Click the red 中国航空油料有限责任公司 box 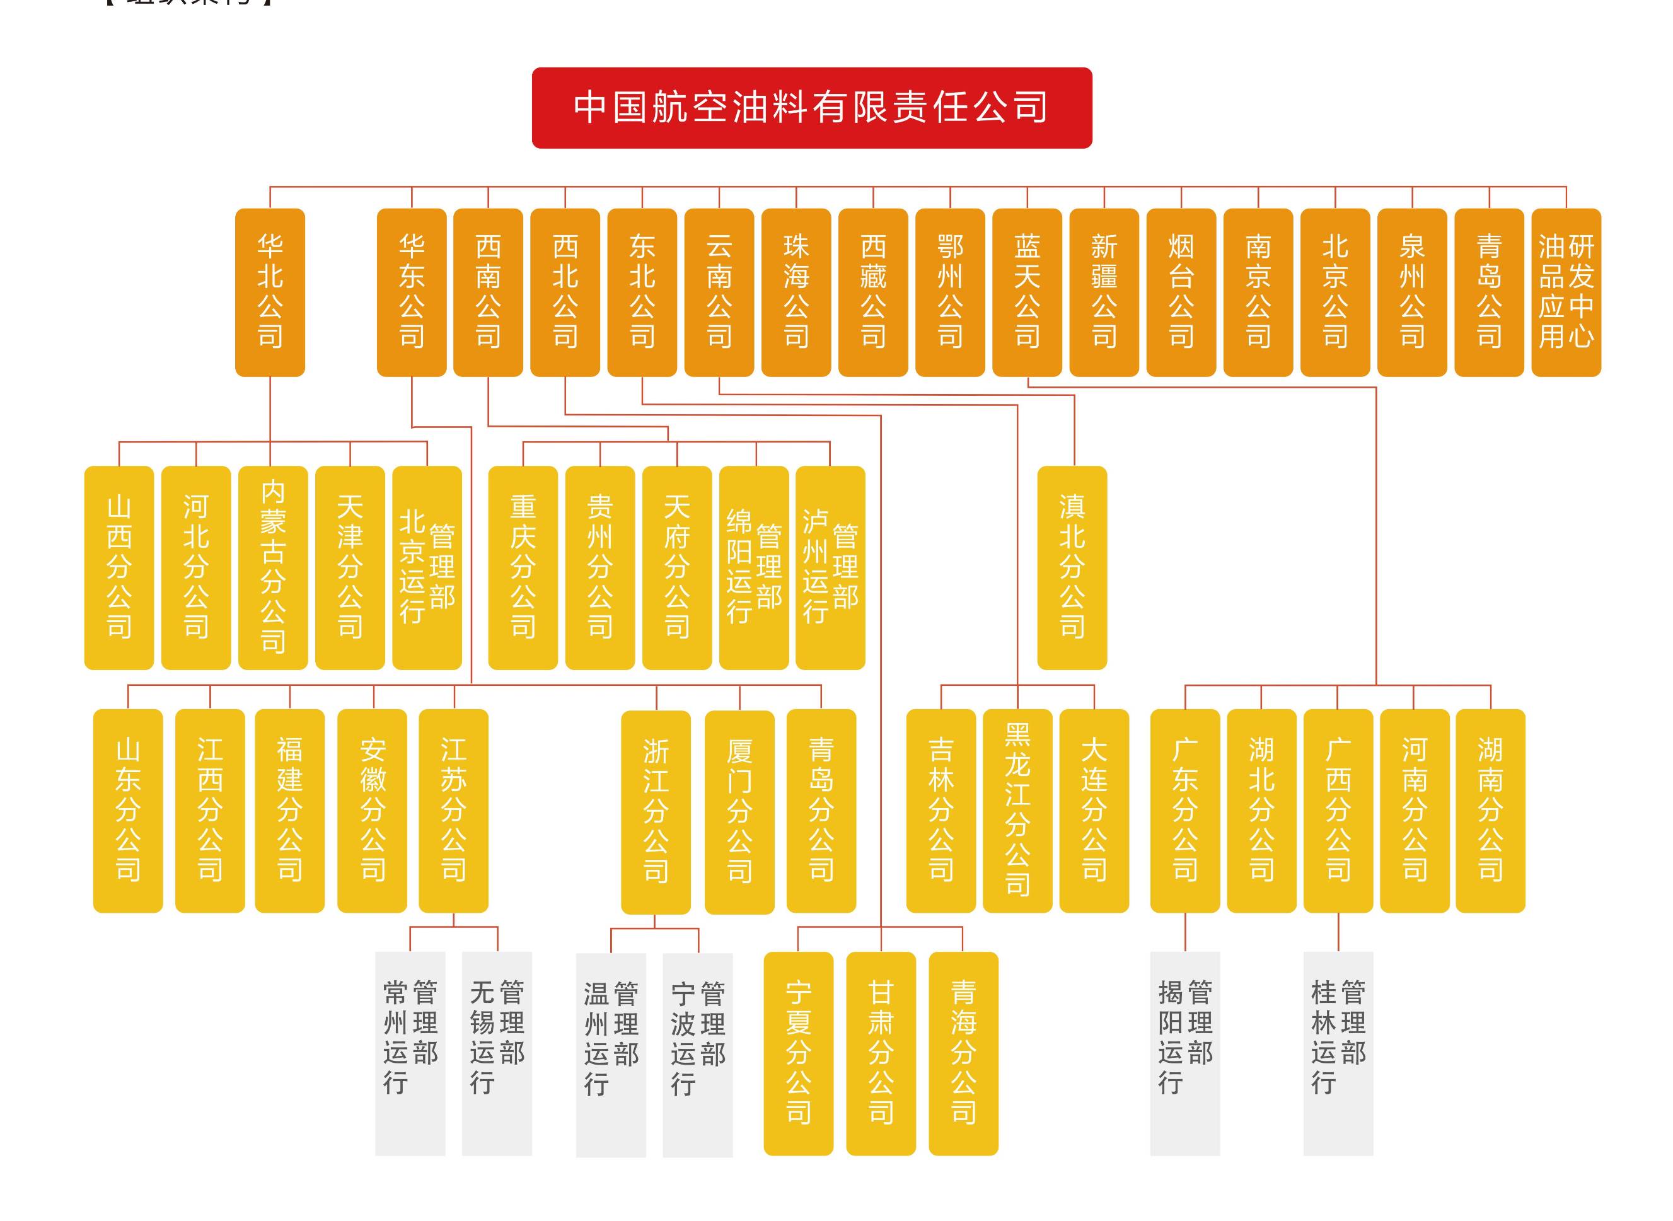[811, 108]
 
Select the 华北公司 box [270, 292]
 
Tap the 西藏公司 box [872, 292]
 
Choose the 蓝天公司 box [1026, 292]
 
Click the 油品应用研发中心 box [1565, 292]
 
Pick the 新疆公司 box [1103, 292]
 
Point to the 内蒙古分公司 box [273, 567]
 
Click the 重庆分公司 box [523, 567]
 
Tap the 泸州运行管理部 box [830, 567]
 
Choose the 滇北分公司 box [1072, 567]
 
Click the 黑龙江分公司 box [1017, 810]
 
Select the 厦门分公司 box [739, 811]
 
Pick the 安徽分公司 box [372, 810]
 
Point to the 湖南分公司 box [1490, 810]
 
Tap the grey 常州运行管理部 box [410, 1053]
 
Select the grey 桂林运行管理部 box [1338, 1053]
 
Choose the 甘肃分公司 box [880, 1053]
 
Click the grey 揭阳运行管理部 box [1184, 1053]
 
